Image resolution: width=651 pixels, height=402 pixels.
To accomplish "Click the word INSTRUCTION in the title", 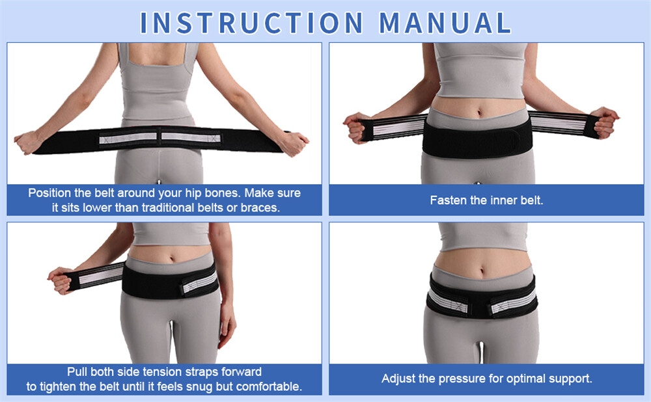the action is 251,23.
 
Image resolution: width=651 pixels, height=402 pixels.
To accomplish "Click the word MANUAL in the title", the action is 445,23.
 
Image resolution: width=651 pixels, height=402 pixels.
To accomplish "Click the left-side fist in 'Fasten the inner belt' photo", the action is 355,127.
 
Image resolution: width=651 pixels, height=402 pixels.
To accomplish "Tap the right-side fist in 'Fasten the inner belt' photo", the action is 605,122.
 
